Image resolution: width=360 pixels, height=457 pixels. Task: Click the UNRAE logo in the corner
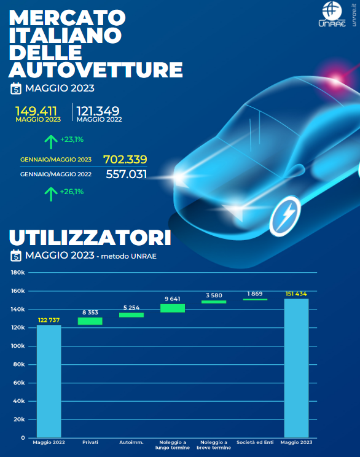click(332, 15)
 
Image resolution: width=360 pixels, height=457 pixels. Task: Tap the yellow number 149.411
click(36, 111)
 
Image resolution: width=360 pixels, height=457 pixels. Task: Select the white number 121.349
click(98, 111)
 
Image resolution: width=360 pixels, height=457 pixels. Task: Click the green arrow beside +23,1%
click(51, 142)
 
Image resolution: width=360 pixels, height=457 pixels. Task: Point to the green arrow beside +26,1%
click(51, 194)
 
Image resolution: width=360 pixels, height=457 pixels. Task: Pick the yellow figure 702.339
click(125, 160)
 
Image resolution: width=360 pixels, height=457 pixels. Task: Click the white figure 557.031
click(126, 174)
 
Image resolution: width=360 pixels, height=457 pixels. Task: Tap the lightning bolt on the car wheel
click(285, 216)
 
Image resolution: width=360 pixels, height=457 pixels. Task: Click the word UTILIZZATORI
click(90, 238)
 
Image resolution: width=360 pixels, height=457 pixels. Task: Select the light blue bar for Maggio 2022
click(49, 381)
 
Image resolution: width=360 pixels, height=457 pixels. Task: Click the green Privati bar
click(90, 321)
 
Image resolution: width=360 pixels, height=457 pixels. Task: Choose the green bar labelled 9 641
click(173, 308)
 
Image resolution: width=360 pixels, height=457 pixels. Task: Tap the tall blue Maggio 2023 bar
click(297, 368)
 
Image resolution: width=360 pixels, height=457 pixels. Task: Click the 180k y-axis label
click(18, 273)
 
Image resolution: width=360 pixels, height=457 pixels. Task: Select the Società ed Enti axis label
click(255, 442)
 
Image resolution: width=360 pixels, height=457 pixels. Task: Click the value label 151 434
click(296, 294)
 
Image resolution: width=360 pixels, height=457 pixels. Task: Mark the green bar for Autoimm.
click(131, 314)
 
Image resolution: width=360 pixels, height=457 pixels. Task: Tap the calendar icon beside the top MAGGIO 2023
click(16, 88)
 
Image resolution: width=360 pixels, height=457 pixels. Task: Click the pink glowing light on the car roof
click(336, 77)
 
